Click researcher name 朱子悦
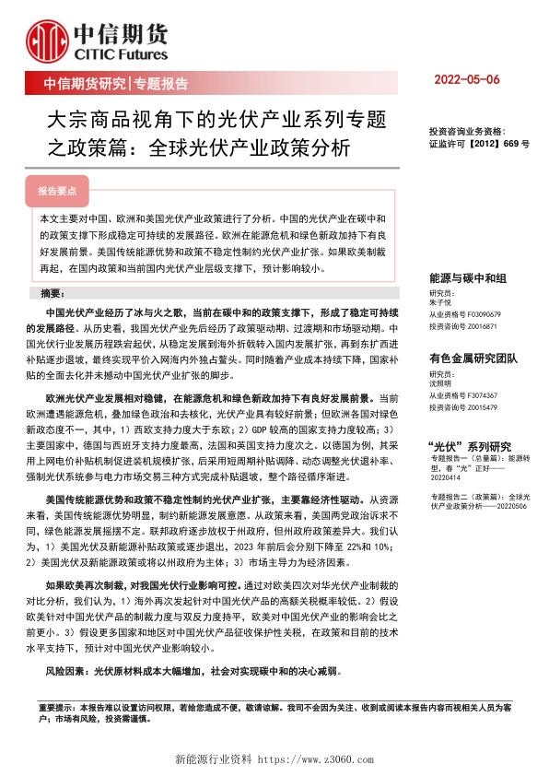442,301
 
